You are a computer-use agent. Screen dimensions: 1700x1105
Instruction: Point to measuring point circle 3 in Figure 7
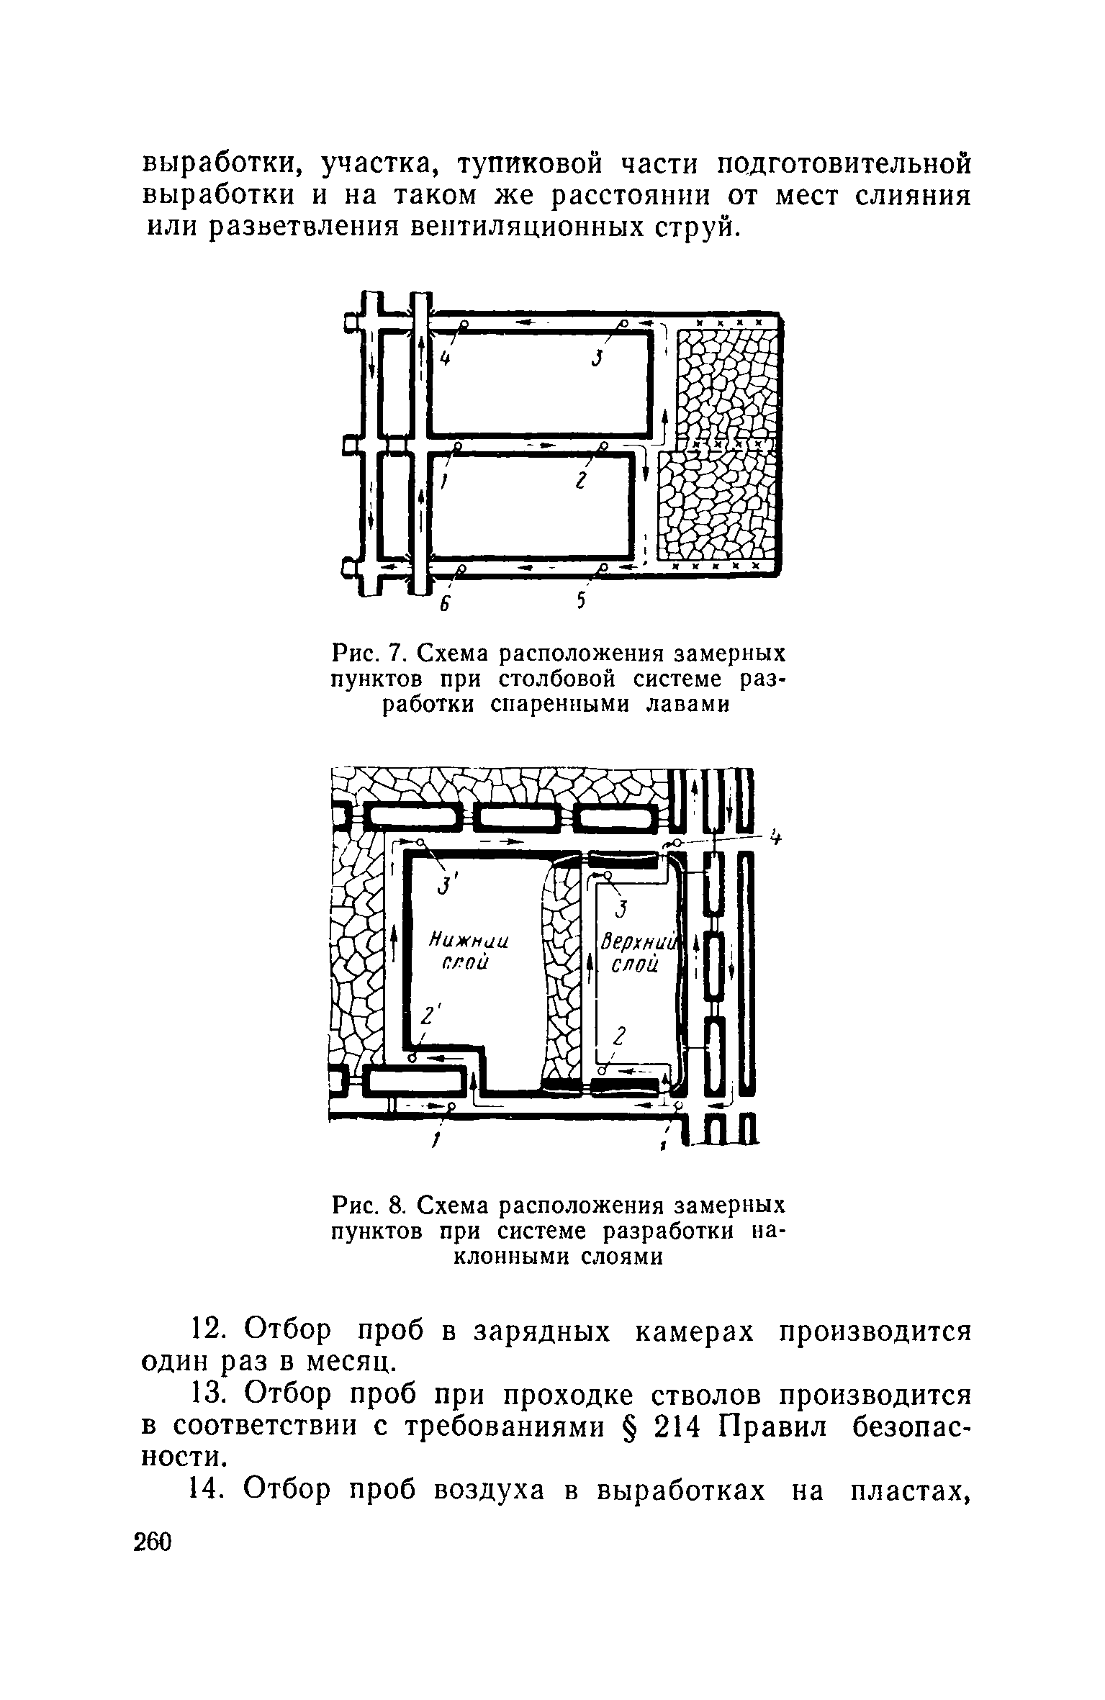tap(626, 324)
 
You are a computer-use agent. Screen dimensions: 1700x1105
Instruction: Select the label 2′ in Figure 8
tap(430, 1017)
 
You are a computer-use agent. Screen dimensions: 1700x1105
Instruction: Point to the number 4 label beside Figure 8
tap(775, 838)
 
